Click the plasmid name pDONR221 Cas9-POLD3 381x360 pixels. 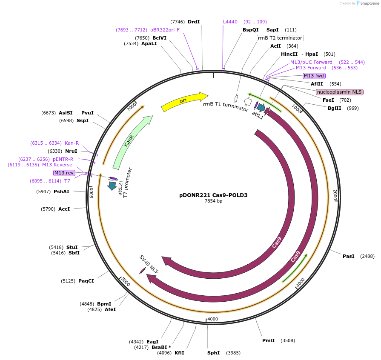pyautogui.click(x=213, y=195)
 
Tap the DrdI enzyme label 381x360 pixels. pyautogui.click(x=194, y=22)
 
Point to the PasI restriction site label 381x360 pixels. pyautogui.click(x=348, y=256)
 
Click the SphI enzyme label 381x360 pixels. pyautogui.click(x=213, y=353)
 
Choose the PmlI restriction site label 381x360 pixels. pyautogui.click(x=268, y=340)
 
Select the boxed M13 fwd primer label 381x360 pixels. pyautogui.click(x=314, y=76)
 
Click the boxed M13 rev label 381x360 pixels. pyautogui.click(x=64, y=173)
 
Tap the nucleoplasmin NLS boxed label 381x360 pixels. pyautogui.click(x=339, y=92)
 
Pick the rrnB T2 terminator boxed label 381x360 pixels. pyautogui.click(x=280, y=38)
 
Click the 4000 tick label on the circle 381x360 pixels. pyautogui.click(x=212, y=319)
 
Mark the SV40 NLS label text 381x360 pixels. pyautogui.click(x=149, y=264)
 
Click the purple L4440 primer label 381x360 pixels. pyautogui.click(x=230, y=22)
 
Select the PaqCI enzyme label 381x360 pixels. pyautogui.click(x=86, y=281)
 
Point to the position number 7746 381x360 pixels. pyautogui.click(x=178, y=22)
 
